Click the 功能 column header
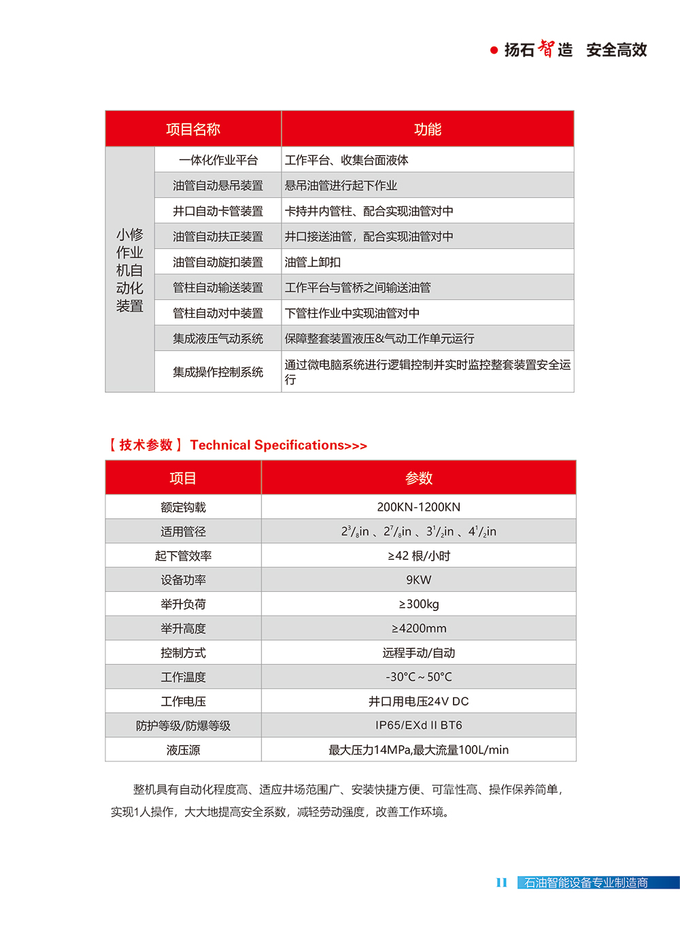427,129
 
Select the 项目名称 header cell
193,129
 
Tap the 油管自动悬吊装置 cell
218,186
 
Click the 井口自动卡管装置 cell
218,211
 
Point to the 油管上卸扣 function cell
313,262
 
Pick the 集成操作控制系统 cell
218,372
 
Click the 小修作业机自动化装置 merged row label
130,270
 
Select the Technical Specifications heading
278,446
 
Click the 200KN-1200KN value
418,507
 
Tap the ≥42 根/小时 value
418,556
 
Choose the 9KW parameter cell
418,580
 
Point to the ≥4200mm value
418,629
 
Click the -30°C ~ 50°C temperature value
418,677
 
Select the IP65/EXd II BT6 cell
418,725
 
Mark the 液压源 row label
183,750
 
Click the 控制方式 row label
183,653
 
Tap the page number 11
502,882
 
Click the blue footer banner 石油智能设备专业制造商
585,882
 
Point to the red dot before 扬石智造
494,50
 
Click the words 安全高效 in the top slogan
616,50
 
